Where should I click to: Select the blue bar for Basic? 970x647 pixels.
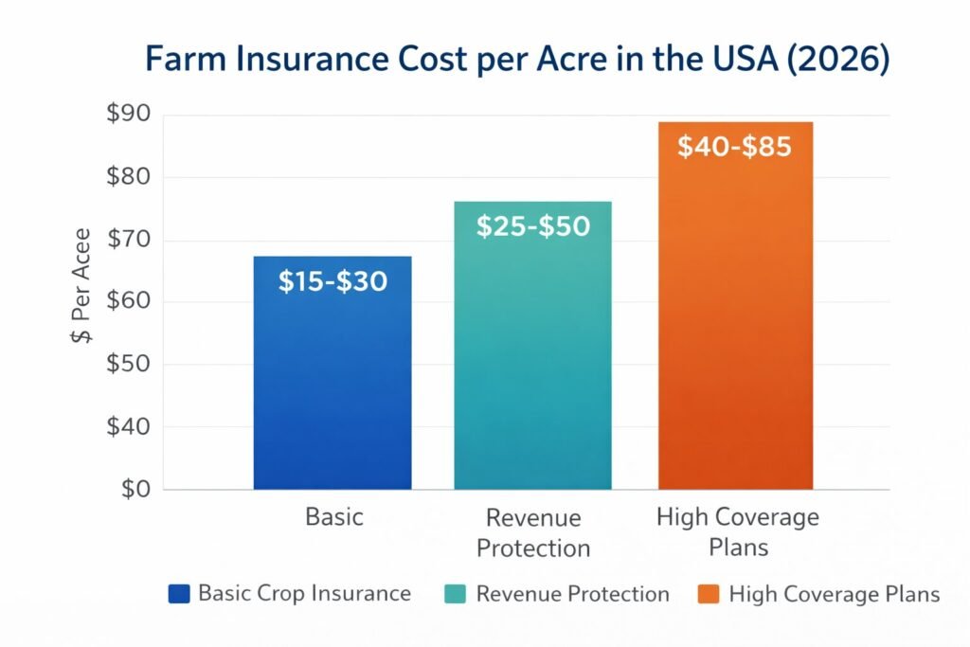[x=332, y=398]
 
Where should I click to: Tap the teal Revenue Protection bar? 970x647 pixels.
[x=532, y=379]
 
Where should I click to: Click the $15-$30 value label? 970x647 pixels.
[x=332, y=281]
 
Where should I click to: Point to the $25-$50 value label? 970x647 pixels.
[x=532, y=226]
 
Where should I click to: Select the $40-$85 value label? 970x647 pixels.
[x=735, y=148]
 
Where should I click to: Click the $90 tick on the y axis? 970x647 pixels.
[x=127, y=116]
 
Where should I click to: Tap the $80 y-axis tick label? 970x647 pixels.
[x=127, y=178]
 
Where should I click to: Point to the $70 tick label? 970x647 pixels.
[x=127, y=241]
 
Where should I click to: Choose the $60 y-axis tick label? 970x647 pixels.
[x=127, y=303]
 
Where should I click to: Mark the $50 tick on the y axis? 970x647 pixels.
[x=127, y=365]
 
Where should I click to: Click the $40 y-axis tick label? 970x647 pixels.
[x=127, y=427]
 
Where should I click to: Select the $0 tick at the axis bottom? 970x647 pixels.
[x=134, y=489]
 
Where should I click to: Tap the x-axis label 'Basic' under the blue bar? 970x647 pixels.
[x=333, y=518]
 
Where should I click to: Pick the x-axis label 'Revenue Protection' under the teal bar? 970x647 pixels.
[x=532, y=533]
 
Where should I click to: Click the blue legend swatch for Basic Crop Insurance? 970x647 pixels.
[x=179, y=594]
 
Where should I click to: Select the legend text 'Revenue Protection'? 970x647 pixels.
[x=572, y=594]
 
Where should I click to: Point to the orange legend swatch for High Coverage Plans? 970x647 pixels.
[x=708, y=594]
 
